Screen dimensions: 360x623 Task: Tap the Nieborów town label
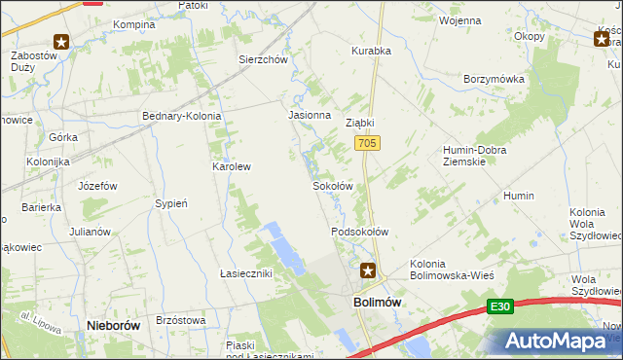pyautogui.click(x=113, y=326)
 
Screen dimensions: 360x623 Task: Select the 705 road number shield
pyautogui.click(x=367, y=143)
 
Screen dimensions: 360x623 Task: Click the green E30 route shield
pyautogui.click(x=499, y=307)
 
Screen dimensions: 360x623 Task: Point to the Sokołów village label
pyautogui.click(x=331, y=185)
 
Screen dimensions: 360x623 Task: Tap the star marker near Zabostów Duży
pyautogui.click(x=61, y=41)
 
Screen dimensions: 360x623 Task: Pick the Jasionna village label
pyautogui.click(x=307, y=114)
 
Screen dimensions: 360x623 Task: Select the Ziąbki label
pyautogui.click(x=360, y=124)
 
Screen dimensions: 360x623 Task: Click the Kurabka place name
pyautogui.click(x=371, y=50)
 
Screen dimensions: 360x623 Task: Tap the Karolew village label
pyautogui.click(x=232, y=166)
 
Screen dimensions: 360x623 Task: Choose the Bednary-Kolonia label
pyautogui.click(x=182, y=116)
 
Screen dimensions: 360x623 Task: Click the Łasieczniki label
pyautogui.click(x=245, y=273)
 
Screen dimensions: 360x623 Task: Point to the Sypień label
pyautogui.click(x=170, y=203)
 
